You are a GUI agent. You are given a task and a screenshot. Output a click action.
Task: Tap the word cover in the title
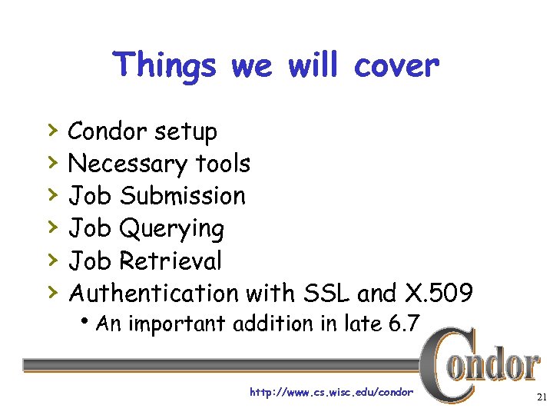click(x=396, y=65)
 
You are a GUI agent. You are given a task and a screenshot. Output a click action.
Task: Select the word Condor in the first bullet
click(x=108, y=131)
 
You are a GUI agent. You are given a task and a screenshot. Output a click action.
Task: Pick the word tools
click(x=223, y=164)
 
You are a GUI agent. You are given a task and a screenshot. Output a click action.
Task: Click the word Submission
click(x=182, y=196)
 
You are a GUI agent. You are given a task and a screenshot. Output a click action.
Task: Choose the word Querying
click(x=171, y=229)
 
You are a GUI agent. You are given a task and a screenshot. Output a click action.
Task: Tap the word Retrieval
click(x=171, y=261)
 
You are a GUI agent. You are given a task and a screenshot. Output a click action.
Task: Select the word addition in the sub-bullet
click(x=278, y=324)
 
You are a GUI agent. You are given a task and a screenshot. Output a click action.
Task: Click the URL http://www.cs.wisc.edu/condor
click(x=331, y=393)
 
